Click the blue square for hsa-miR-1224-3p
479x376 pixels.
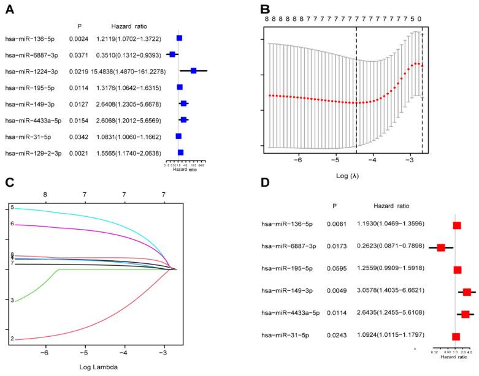pyautogui.click(x=193, y=71)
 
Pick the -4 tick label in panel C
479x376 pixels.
pyautogui.click(x=124, y=353)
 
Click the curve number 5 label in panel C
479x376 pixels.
pyautogui.click(x=12, y=208)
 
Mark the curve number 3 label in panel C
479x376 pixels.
pyautogui.click(x=12, y=300)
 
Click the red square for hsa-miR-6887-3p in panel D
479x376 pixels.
pyautogui.click(x=441, y=248)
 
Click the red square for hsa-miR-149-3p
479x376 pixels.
pyautogui.click(x=467, y=292)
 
